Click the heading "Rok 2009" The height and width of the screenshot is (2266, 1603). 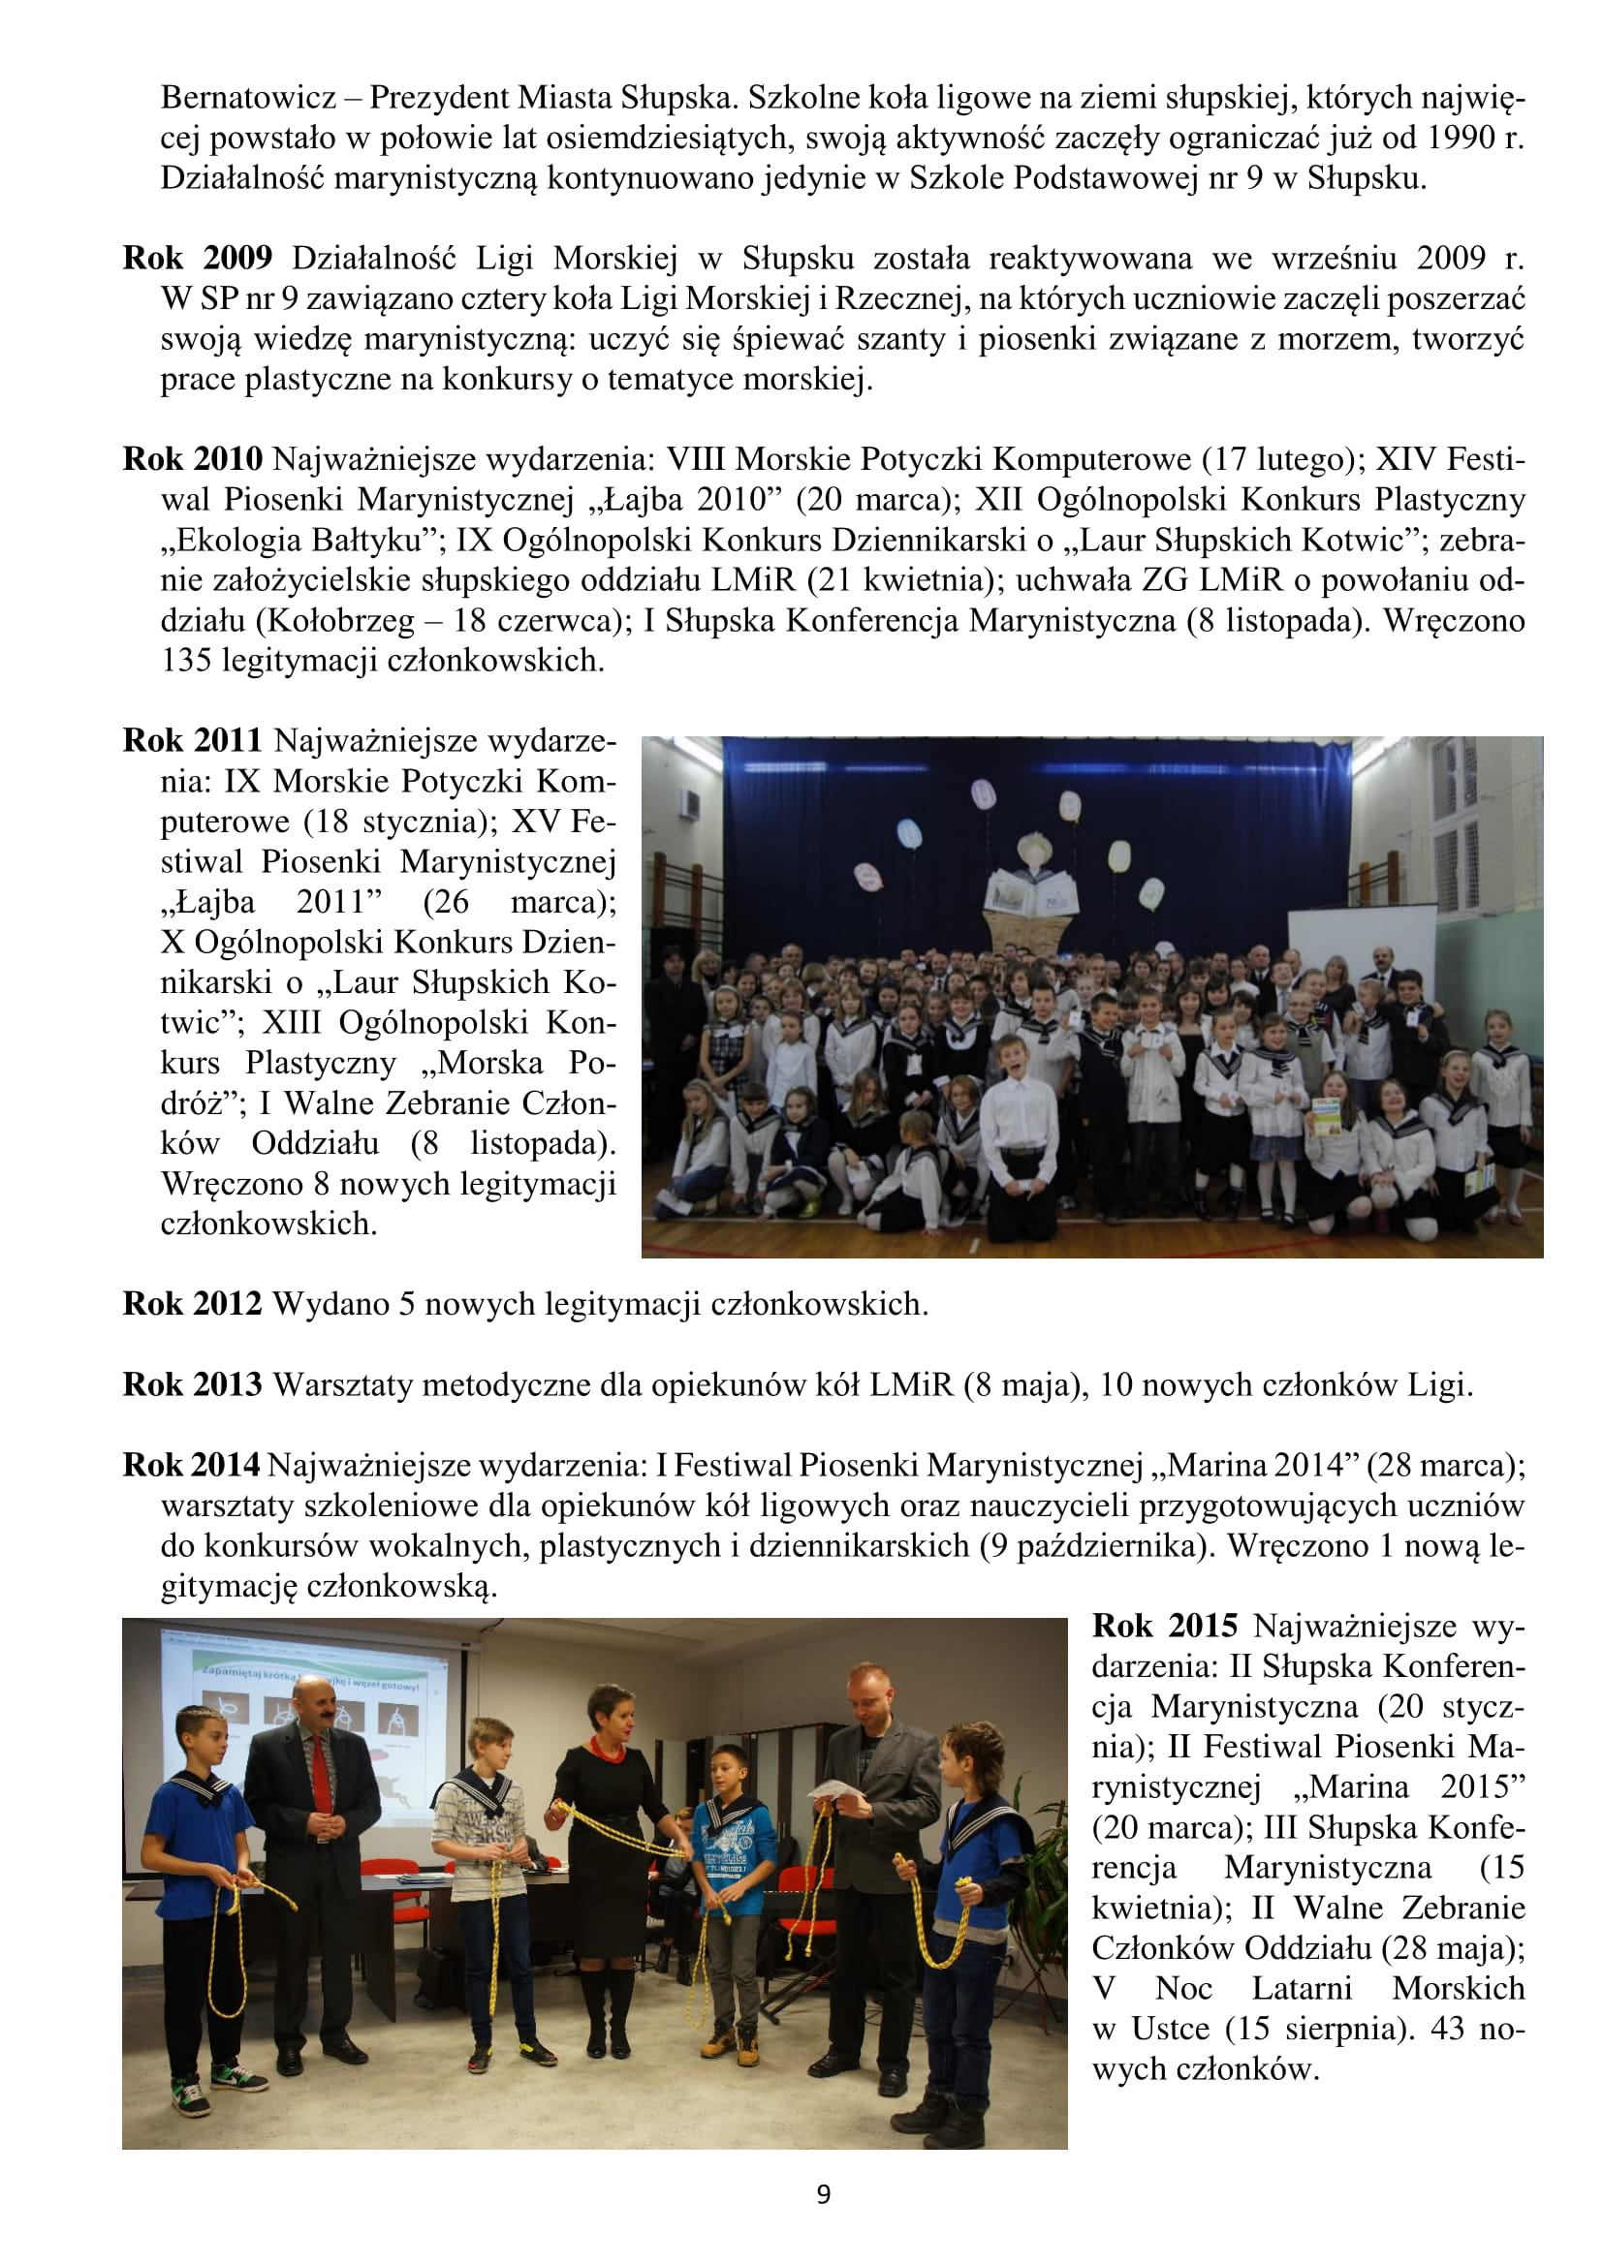coord(197,259)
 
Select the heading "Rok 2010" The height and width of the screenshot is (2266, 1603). coord(193,459)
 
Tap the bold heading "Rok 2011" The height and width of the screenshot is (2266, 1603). coord(193,740)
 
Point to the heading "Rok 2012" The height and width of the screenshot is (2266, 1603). coord(193,1304)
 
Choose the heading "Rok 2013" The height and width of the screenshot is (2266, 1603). coord(193,1384)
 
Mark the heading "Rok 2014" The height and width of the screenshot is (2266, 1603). coord(192,1466)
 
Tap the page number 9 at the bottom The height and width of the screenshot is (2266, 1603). coord(824,2195)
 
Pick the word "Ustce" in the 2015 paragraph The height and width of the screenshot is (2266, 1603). coord(1173,2030)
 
